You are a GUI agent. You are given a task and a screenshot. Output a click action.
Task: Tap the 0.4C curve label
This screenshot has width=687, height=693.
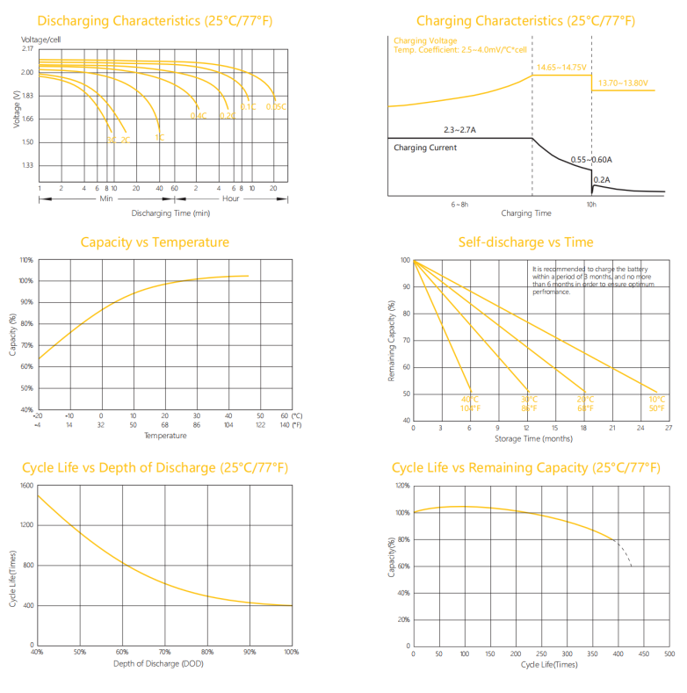pyautogui.click(x=198, y=115)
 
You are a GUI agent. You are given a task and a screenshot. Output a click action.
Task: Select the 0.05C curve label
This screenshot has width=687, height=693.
pyautogui.click(x=276, y=106)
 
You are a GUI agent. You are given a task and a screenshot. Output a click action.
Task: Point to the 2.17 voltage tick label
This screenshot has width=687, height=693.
pyautogui.click(x=27, y=48)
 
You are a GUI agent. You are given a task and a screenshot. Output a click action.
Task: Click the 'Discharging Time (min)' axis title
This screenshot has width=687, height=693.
pyautogui.click(x=170, y=213)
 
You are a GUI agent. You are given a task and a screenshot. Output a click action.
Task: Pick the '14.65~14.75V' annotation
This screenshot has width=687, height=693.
pyautogui.click(x=561, y=67)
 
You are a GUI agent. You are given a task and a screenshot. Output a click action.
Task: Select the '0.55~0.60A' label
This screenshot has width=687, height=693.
pyautogui.click(x=591, y=159)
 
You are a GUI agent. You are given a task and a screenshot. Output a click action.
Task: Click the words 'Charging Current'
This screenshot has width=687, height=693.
pyautogui.click(x=425, y=148)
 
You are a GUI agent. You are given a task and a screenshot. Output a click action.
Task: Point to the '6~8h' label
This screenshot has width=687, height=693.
pyautogui.click(x=460, y=204)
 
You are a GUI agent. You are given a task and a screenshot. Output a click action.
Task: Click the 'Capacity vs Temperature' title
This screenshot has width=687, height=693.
pyautogui.click(x=155, y=242)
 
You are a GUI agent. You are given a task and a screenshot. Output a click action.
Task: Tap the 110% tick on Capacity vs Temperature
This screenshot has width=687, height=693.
pyautogui.click(x=26, y=260)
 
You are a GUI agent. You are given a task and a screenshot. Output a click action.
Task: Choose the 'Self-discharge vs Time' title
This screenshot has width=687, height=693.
pyautogui.click(x=525, y=242)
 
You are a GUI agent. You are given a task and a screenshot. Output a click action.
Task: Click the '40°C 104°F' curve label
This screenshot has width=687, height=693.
pyautogui.click(x=471, y=404)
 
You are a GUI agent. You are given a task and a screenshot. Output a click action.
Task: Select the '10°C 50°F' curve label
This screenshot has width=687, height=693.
pyautogui.click(x=656, y=404)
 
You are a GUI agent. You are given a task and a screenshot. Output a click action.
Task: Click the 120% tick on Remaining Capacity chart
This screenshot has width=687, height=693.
pyautogui.click(x=401, y=486)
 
